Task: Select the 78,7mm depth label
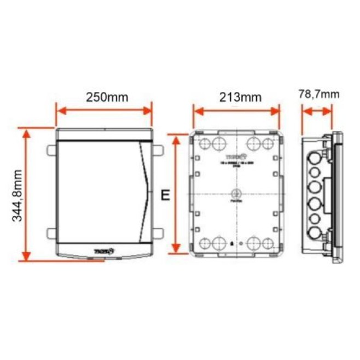tap(318, 94)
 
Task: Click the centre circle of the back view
tap(236, 194)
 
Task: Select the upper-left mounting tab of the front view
tap(51, 149)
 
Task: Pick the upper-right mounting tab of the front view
tap(158, 149)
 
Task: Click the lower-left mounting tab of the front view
tap(51, 234)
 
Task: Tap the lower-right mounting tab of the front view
tap(158, 234)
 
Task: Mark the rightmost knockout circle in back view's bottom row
tap(268, 243)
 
